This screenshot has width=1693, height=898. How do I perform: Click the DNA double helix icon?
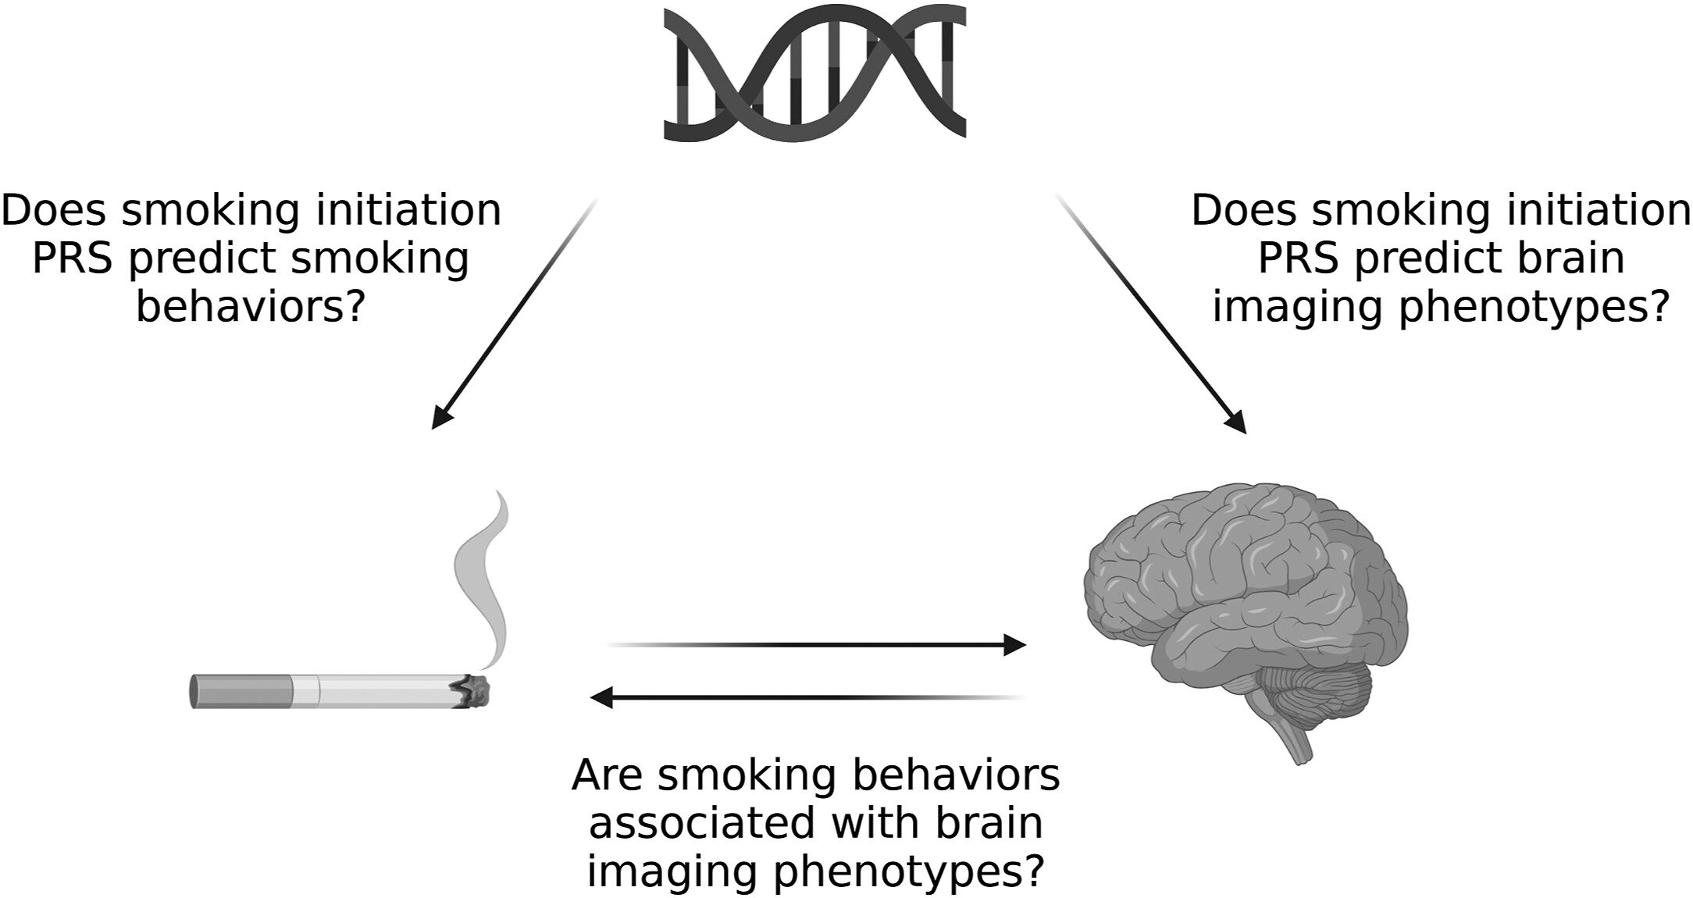pos(814,73)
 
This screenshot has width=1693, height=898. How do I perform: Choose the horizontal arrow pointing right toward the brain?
pos(817,645)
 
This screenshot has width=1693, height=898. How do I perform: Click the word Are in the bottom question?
pos(606,775)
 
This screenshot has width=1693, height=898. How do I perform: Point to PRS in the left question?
pos(74,259)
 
